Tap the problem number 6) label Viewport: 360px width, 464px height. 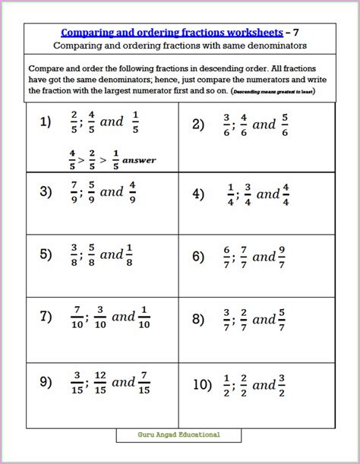coord(198,257)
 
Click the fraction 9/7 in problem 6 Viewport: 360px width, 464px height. coord(281,257)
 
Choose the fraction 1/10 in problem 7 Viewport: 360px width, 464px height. coord(144,319)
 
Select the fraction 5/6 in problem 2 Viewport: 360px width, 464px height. coord(284,125)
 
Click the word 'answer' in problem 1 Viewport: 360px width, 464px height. coord(139,160)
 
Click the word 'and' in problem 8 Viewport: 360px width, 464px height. coord(264,320)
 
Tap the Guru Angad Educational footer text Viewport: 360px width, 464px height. coord(179,434)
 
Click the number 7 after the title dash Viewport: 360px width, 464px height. coord(296,33)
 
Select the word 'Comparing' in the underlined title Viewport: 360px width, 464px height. coord(86,33)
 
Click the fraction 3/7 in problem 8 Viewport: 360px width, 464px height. coord(226,320)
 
